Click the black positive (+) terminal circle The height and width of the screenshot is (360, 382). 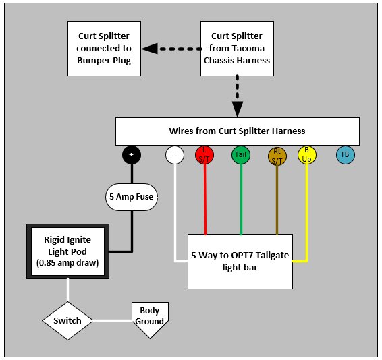[132, 155]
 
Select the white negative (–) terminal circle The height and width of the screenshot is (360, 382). [175, 155]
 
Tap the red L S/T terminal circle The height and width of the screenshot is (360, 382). [204, 155]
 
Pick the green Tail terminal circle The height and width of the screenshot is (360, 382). [241, 155]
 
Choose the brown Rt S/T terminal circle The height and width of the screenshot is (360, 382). [277, 156]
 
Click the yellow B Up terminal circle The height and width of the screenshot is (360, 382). [307, 155]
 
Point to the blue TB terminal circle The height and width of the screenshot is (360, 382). [346, 155]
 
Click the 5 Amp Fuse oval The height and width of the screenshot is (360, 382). [132, 197]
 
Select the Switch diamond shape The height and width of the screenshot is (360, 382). [67, 321]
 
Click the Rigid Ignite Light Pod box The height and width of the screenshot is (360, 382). [67, 251]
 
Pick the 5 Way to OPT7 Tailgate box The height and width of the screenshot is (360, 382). [240, 262]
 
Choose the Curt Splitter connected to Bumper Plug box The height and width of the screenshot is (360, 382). [104, 49]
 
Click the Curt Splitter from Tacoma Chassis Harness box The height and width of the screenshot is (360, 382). [238, 49]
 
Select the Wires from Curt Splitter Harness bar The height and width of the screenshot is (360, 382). [238, 131]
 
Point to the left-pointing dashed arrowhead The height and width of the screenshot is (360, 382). [150, 49]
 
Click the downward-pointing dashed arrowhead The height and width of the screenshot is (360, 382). [238, 109]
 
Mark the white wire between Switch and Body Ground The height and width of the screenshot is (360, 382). [112, 321]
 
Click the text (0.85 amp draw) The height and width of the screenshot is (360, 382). [67, 263]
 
